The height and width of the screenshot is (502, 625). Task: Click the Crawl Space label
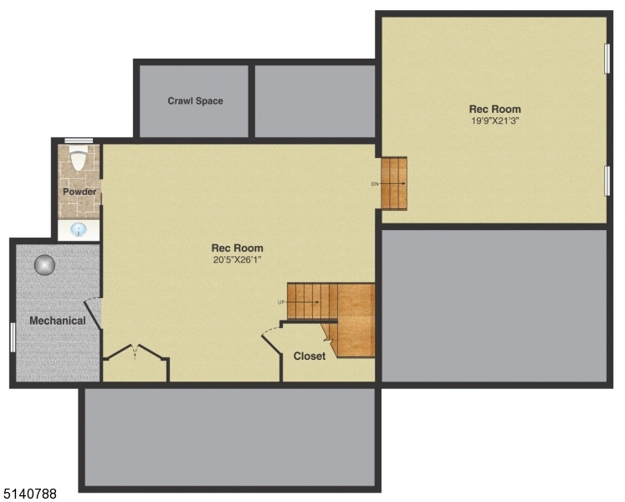coord(195,101)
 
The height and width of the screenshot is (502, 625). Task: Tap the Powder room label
coord(79,192)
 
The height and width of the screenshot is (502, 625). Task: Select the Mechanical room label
coord(58,320)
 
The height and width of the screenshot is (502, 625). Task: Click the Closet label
coord(309,356)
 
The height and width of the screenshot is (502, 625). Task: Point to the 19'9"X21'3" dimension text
coord(494,120)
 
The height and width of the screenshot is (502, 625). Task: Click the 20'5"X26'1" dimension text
coord(237,259)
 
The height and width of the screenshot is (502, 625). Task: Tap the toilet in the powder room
coord(79,159)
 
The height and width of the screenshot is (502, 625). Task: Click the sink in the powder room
coord(79,229)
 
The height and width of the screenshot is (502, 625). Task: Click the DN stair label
coord(375,183)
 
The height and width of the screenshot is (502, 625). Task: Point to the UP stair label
coord(281,302)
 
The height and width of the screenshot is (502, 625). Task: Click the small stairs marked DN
coord(394,183)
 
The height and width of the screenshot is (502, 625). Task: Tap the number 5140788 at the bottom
coord(29,494)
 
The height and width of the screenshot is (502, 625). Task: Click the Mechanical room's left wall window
coord(13,336)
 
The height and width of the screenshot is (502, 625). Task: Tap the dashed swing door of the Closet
coord(271,336)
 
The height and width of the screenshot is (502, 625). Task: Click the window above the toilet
coord(79,140)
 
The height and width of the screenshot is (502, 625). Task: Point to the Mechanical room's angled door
coord(95,312)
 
